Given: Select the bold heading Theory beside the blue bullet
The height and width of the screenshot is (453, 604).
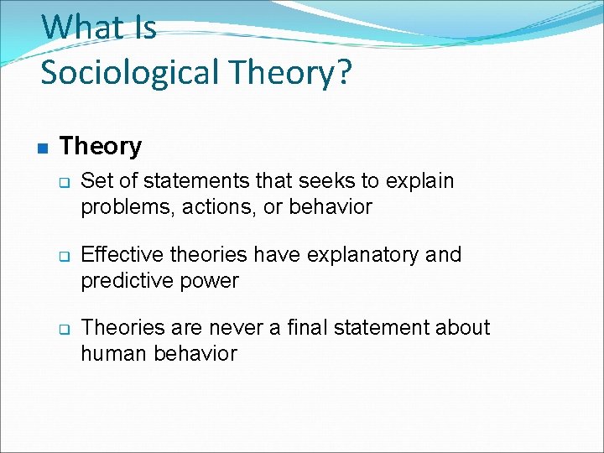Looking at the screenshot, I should pyautogui.click(x=101, y=147).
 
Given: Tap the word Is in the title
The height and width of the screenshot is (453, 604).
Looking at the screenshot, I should pyautogui.click(x=143, y=28).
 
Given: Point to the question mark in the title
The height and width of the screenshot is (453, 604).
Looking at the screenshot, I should pyautogui.click(x=343, y=73).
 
